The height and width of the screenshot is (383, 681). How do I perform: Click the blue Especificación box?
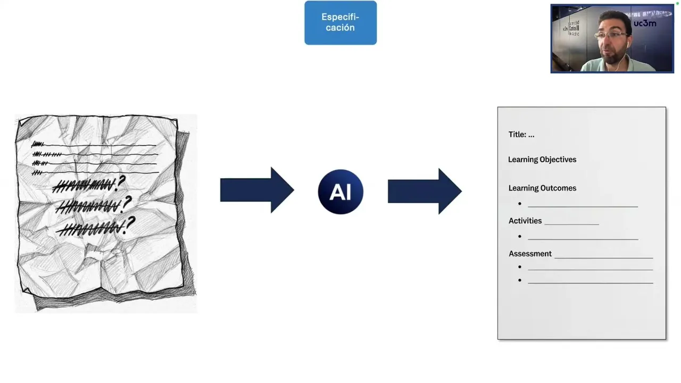tap(340, 23)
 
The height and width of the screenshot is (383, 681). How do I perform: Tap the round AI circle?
tap(340, 191)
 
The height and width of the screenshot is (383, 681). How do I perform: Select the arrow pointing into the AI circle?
tap(257, 190)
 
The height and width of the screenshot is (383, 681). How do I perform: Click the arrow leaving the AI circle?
tap(425, 191)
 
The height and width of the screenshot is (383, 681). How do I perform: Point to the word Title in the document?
tap(517, 135)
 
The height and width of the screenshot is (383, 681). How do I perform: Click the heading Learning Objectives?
tap(542, 160)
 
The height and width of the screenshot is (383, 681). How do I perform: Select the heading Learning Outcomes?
tap(542, 188)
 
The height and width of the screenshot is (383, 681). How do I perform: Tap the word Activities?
tap(525, 221)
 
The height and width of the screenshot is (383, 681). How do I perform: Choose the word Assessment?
tap(530, 254)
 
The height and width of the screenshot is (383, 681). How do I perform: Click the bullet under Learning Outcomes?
tap(520, 204)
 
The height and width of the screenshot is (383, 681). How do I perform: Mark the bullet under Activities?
tap(520, 236)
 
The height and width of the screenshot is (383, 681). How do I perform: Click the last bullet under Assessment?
tap(520, 280)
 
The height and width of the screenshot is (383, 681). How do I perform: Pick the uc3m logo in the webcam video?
tap(645, 23)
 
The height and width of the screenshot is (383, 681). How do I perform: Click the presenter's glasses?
tap(612, 35)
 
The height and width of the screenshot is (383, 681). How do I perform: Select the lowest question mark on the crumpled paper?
tap(130, 223)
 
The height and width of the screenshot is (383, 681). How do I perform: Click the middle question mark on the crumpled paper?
tap(127, 203)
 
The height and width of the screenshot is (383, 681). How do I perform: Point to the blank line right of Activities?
tap(572, 224)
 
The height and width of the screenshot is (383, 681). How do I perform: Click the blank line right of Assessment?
tap(603, 257)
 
